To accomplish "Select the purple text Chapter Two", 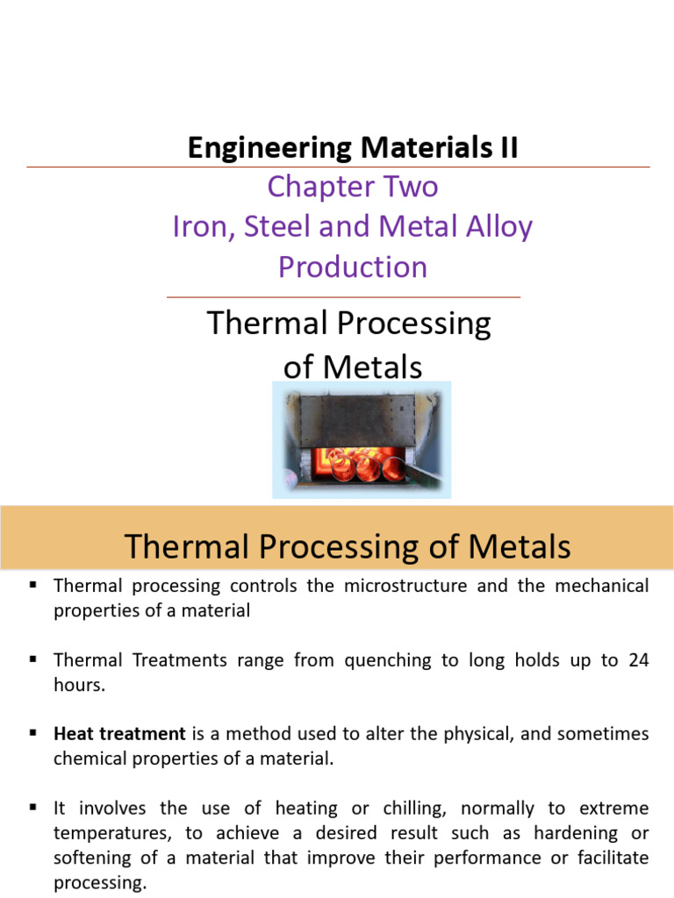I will (x=353, y=187).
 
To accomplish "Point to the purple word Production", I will (x=353, y=267).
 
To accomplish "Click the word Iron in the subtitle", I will (x=198, y=227).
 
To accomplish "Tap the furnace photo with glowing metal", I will (x=362, y=439).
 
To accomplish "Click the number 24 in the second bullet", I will (x=638, y=660).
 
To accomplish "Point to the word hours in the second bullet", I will (x=79, y=686).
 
